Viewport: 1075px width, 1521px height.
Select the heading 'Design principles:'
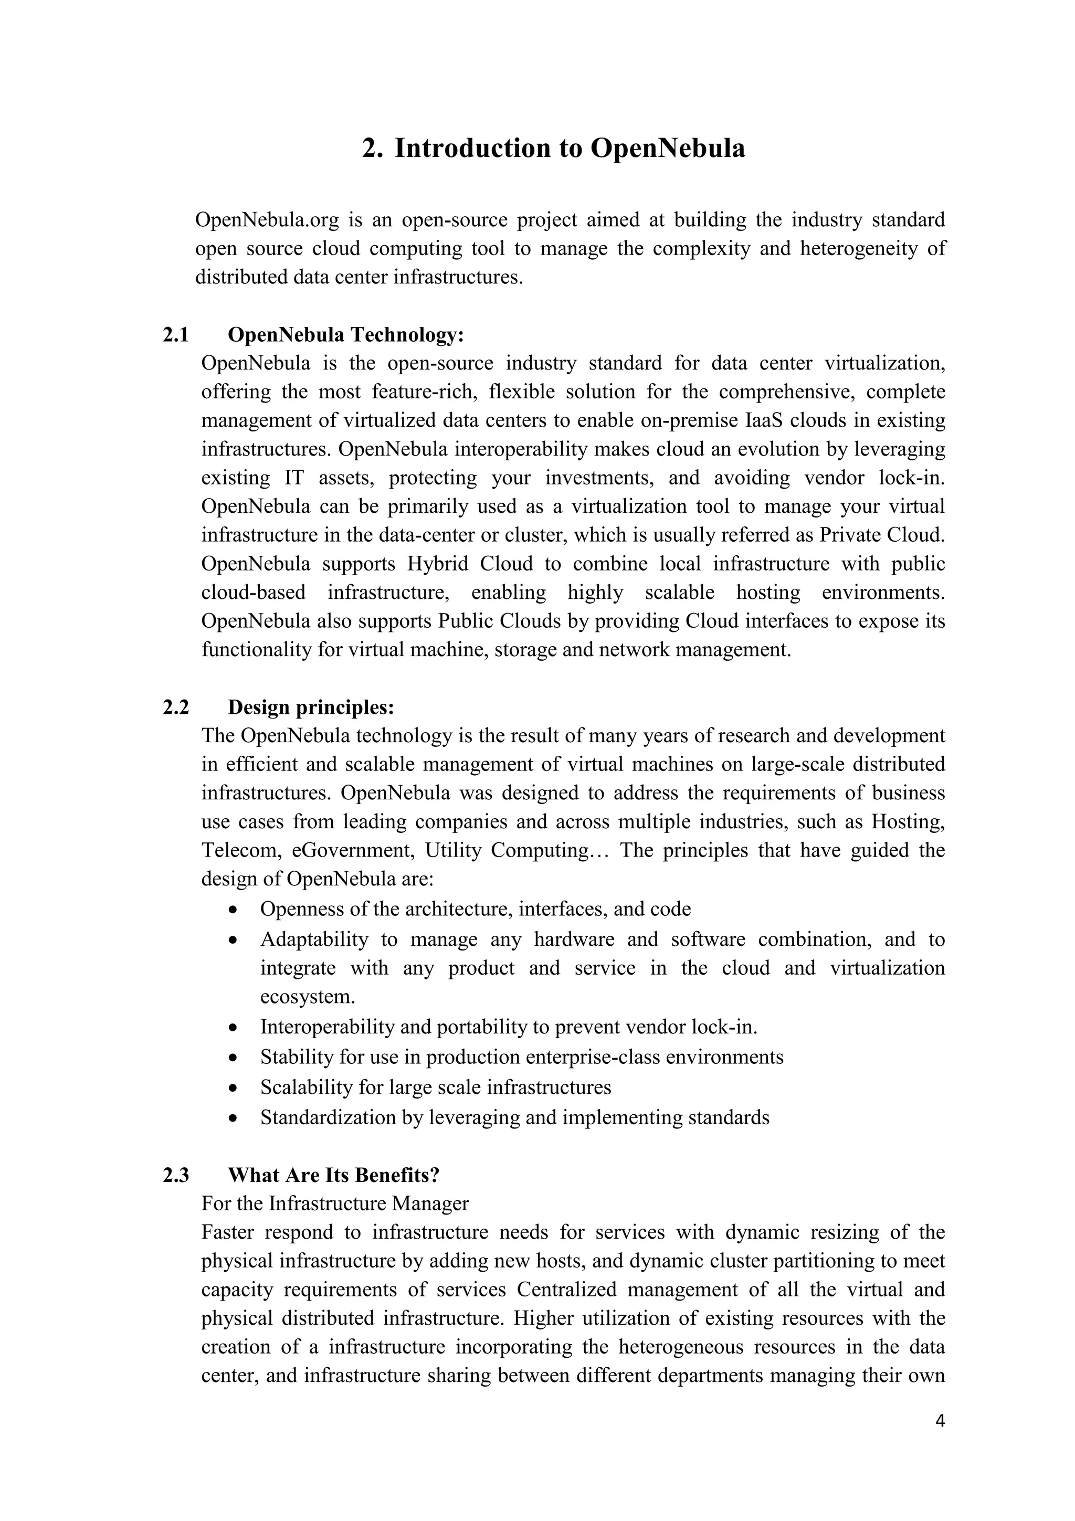(x=311, y=707)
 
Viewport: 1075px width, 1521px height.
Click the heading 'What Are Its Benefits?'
(x=333, y=1175)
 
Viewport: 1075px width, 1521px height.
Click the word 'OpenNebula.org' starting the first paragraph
(x=266, y=220)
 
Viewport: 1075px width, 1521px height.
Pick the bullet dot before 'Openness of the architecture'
(x=232, y=910)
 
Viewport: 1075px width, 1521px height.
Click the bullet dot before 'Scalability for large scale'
(x=232, y=1088)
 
